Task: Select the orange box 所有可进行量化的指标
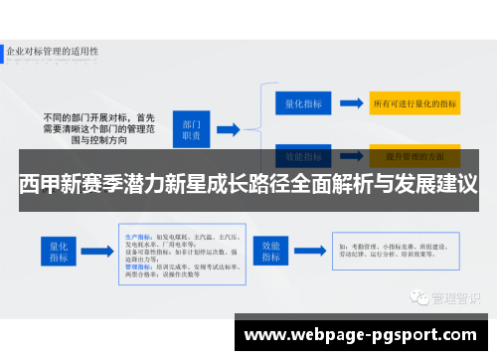414,102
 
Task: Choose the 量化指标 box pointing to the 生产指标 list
56,252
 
